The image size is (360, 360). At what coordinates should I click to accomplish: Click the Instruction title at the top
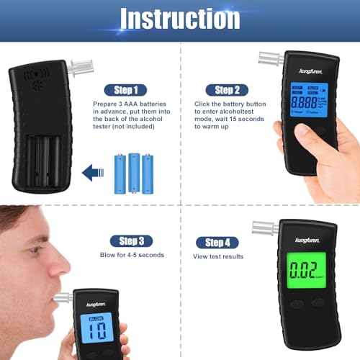tap(179, 19)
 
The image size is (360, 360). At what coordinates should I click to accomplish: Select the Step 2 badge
tap(229, 90)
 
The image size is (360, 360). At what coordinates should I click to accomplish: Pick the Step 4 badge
tap(217, 242)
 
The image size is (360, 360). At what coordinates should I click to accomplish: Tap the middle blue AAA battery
tap(135, 172)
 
